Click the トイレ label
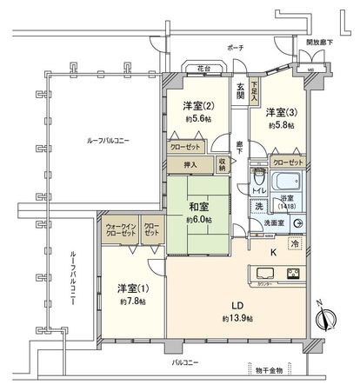tap(258, 190)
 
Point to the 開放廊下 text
tap(320, 42)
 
